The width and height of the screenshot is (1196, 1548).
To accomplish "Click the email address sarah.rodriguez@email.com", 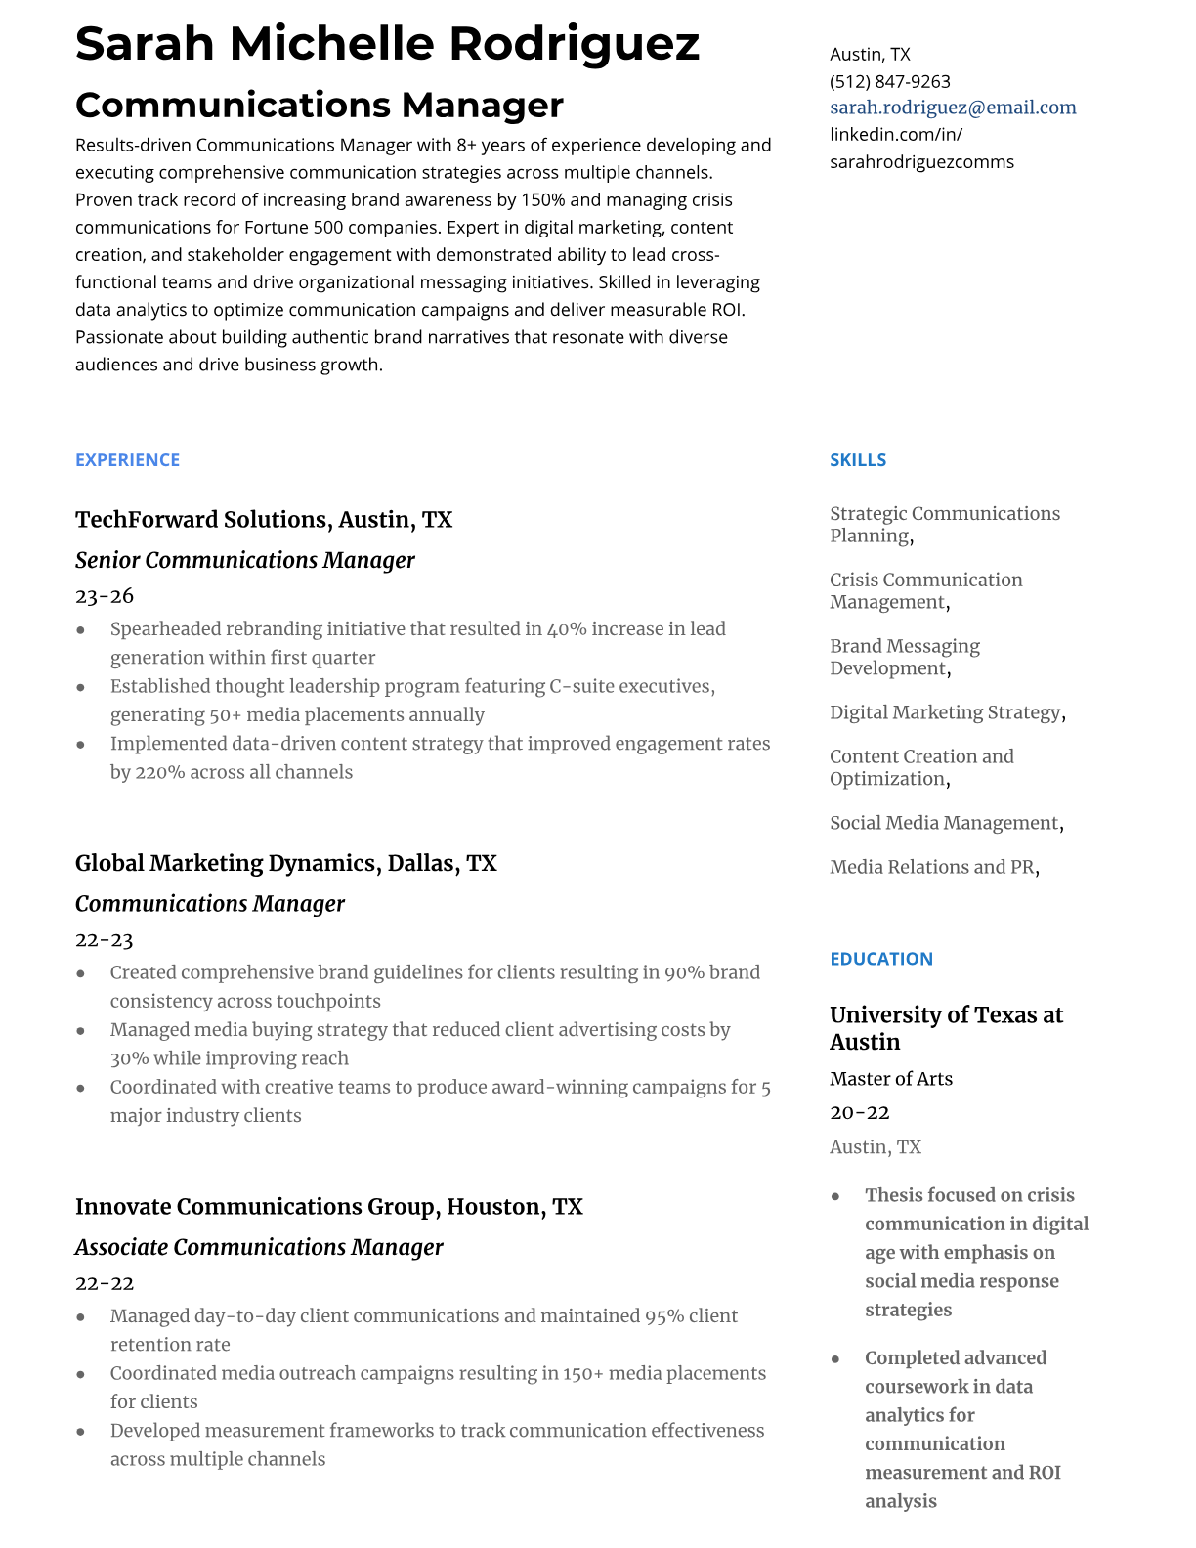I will pos(953,107).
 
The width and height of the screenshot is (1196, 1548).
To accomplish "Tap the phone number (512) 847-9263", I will pos(889,81).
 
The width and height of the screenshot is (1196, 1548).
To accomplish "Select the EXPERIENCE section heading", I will pos(127,460).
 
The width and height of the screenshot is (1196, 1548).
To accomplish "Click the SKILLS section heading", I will pos(858,460).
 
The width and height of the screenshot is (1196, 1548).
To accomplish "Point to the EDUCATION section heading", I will pos(881,959).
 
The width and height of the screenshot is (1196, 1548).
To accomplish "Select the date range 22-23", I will pos(105,940).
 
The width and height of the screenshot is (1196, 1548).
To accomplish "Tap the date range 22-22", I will pos(105,1283).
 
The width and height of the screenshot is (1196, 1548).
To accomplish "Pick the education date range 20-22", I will pos(860,1113).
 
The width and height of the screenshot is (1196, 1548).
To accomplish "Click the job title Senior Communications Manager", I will pos(245,560).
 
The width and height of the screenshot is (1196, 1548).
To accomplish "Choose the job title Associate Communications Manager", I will pos(259,1247).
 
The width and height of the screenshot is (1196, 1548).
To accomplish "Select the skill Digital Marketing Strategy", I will pos(945,712).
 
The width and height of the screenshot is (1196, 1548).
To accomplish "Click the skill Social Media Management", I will pos(944,823).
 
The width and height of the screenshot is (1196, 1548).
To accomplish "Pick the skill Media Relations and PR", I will pos(931,867).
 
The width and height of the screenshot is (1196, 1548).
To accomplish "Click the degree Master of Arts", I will pos(891,1079).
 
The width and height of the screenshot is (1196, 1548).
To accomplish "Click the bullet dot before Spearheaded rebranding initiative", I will pos(81,630).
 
